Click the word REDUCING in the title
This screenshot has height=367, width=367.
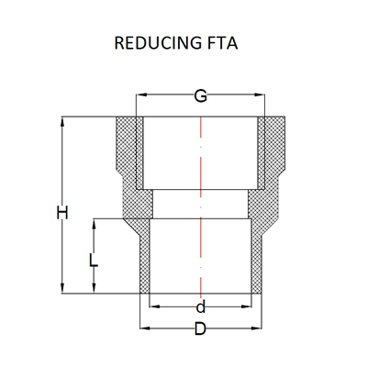[x=158, y=43]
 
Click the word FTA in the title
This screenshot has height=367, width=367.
[x=222, y=43]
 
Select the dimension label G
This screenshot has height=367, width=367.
[x=201, y=96]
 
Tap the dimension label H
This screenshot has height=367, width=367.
[x=62, y=213]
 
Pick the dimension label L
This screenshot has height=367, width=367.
[x=94, y=261]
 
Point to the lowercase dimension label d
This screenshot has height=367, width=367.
[x=200, y=307]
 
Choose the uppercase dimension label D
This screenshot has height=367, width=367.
[x=200, y=329]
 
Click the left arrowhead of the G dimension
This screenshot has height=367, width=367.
[x=141, y=95]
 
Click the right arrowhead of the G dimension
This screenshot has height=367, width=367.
[x=260, y=95]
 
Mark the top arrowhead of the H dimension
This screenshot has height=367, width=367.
[x=62, y=122]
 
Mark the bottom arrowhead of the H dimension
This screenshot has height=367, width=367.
[x=62, y=288]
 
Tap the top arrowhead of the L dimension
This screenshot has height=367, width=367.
[x=94, y=224]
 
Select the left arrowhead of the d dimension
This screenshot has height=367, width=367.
[x=155, y=306]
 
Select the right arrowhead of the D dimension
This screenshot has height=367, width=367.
[x=256, y=328]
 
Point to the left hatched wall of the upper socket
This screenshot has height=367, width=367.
[x=129, y=153]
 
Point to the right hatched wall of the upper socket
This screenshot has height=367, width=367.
[x=272, y=153]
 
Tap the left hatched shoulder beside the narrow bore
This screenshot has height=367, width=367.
[x=138, y=204]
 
